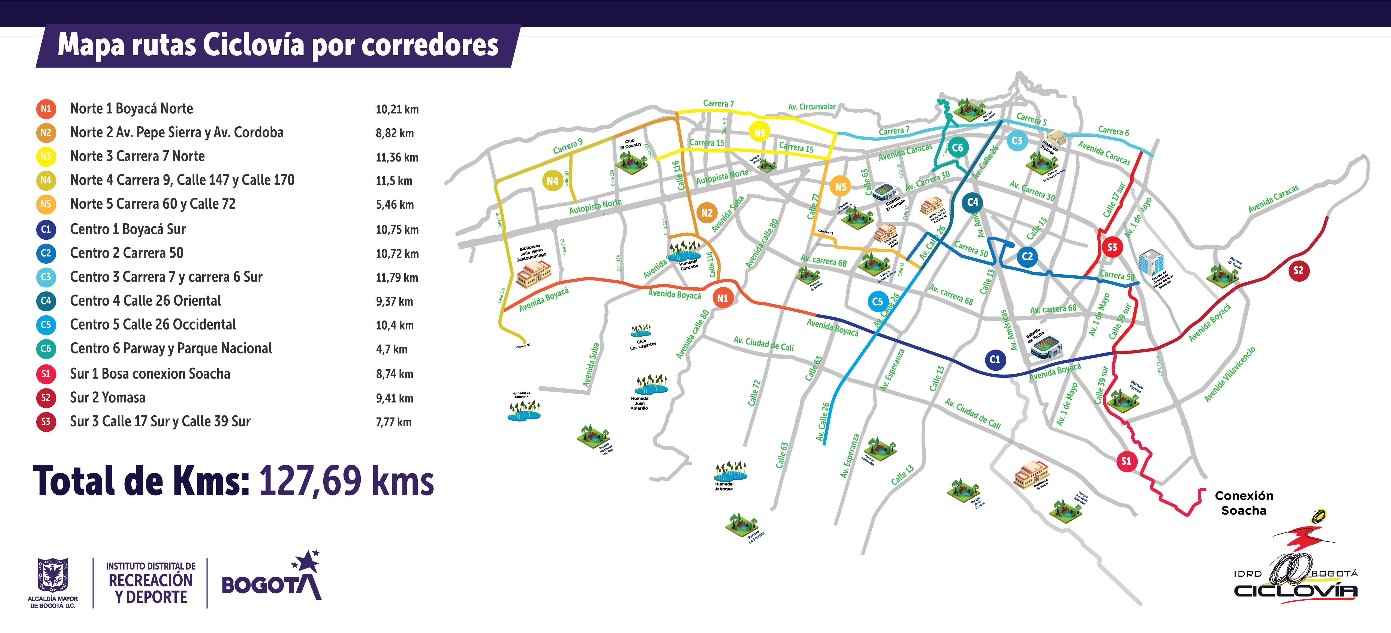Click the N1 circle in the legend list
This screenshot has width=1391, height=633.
46,108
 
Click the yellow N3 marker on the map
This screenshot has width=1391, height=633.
759,133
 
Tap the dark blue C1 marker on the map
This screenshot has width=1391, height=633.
995,360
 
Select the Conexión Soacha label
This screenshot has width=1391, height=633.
1244,503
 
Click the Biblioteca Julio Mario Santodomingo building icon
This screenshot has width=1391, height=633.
533,273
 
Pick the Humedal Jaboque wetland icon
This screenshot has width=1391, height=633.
730,471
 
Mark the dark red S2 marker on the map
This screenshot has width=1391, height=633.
1298,270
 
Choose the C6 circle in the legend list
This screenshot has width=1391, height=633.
46,349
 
